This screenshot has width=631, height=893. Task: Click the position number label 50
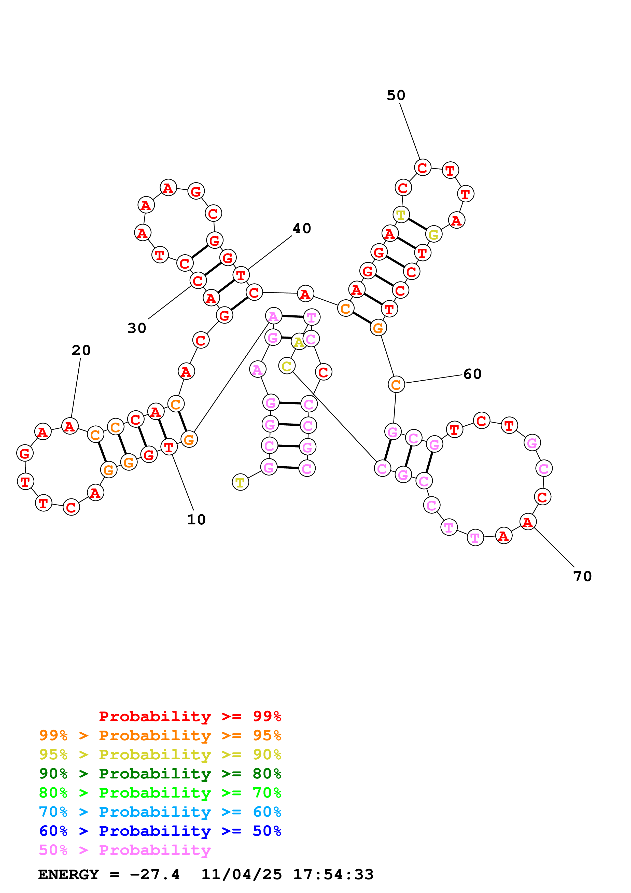[x=396, y=95]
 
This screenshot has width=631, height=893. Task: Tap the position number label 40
[x=302, y=228]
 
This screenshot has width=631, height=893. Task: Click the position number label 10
[x=196, y=519]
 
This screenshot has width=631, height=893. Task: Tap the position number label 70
[x=582, y=576]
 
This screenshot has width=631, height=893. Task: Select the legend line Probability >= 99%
[x=190, y=716]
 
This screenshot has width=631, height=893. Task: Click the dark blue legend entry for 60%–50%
[x=160, y=831]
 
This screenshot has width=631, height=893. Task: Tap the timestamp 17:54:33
[x=333, y=874]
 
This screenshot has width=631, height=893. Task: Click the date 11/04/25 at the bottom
[x=242, y=874]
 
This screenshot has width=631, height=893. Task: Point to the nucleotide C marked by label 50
[x=423, y=168]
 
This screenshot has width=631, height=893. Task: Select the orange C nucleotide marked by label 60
[x=396, y=385]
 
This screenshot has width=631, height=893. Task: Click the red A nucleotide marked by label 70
[x=528, y=522]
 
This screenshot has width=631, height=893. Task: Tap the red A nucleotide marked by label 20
[x=70, y=426]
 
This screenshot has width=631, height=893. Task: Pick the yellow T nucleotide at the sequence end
[x=240, y=482]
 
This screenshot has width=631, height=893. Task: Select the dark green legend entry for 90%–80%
[x=160, y=774]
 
